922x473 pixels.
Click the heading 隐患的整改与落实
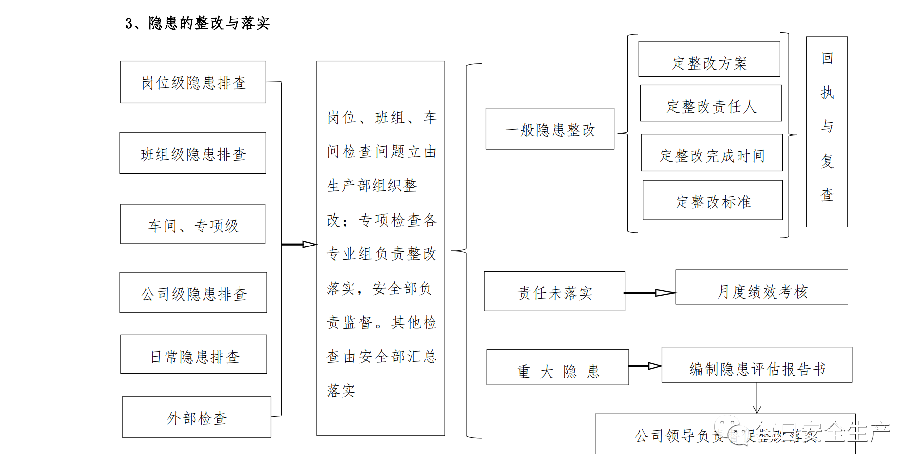point(198,23)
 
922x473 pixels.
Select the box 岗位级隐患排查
point(193,82)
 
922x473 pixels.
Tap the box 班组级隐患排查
point(193,153)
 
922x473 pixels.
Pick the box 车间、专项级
point(193,225)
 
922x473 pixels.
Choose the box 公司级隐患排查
point(193,293)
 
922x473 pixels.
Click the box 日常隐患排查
point(194,355)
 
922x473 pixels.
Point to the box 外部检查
point(196,417)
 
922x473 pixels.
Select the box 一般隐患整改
point(550,129)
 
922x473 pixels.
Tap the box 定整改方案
point(709,60)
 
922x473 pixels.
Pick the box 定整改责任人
point(711,104)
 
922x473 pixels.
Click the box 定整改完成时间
point(711,153)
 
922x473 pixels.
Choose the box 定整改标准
point(712,200)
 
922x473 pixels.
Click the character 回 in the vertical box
point(827,58)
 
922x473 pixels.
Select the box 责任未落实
point(554,292)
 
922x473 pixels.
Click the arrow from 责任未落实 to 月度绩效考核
point(650,293)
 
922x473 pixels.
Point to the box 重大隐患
point(557,368)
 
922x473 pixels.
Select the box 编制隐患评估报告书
point(756,365)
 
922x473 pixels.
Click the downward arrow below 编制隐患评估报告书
point(756,399)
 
